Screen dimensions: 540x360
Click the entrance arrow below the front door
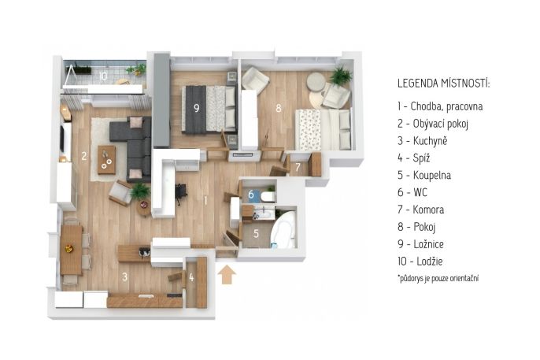tap(227, 275)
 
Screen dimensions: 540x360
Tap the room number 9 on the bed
tap(197, 108)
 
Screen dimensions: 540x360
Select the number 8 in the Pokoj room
tap(279, 108)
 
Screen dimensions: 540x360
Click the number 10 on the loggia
tap(102, 76)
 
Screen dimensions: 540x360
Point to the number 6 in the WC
tap(251, 195)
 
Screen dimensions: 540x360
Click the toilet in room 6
tap(268, 197)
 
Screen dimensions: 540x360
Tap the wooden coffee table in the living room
tap(106, 159)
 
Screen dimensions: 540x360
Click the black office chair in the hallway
tap(181, 194)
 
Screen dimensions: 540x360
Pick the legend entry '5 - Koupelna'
tap(424, 175)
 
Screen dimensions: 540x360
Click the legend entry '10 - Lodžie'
tap(420, 261)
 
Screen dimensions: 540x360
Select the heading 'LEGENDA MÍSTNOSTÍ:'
tap(444, 84)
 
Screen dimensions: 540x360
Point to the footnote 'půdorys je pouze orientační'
tap(439, 278)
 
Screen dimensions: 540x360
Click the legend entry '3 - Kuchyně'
tap(422, 140)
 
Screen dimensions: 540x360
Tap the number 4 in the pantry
tap(191, 277)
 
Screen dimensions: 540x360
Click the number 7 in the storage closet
tap(298, 168)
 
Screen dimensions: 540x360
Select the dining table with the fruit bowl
tap(72, 250)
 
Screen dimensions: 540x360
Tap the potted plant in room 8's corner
tap(341, 76)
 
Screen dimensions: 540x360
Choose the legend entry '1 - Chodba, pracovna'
tap(440, 106)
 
